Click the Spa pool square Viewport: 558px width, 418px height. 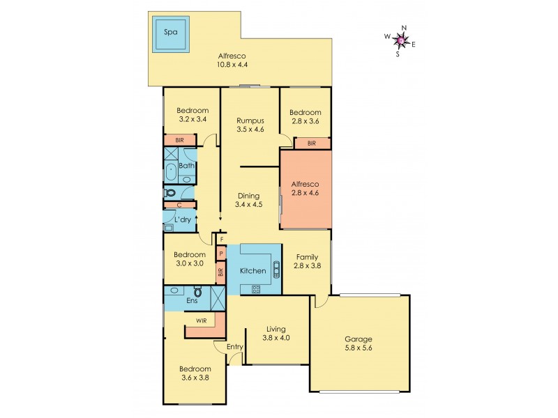click(x=169, y=33)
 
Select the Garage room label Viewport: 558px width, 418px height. click(x=358, y=340)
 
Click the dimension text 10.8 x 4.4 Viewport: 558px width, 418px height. click(x=232, y=65)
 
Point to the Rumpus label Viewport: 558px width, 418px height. click(x=249, y=120)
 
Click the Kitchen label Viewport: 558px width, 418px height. click(x=252, y=270)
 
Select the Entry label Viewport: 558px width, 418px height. click(x=234, y=346)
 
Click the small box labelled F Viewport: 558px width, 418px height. click(x=221, y=240)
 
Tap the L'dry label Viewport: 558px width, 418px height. click(x=183, y=220)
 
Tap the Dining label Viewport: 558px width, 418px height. click(x=248, y=196)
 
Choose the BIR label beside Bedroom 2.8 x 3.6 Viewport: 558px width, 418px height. click(x=311, y=144)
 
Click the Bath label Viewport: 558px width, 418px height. click(x=186, y=166)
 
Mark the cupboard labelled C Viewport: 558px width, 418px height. click(x=179, y=205)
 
